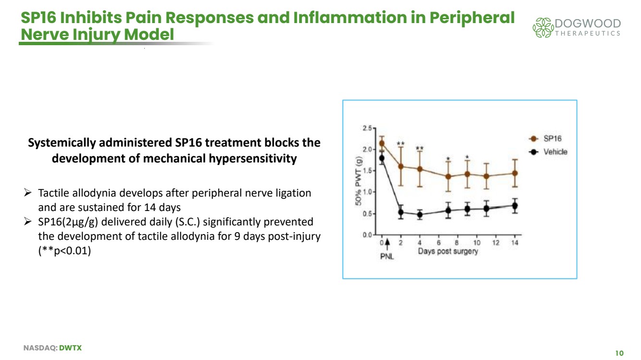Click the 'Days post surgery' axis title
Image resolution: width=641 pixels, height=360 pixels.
click(448, 252)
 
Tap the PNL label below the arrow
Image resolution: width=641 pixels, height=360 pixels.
click(387, 256)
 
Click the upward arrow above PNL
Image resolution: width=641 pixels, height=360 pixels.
click(387, 245)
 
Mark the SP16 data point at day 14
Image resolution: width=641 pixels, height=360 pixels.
click(515, 173)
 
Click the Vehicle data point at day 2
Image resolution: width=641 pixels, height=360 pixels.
click(401, 212)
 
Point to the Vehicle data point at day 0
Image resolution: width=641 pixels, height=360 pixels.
click(382, 158)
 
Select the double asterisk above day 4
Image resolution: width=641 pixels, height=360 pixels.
click(420, 148)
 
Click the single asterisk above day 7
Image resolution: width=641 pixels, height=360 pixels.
click(448, 159)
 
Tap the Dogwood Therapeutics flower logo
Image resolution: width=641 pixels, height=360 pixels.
click(543, 27)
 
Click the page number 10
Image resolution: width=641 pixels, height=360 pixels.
click(619, 353)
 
